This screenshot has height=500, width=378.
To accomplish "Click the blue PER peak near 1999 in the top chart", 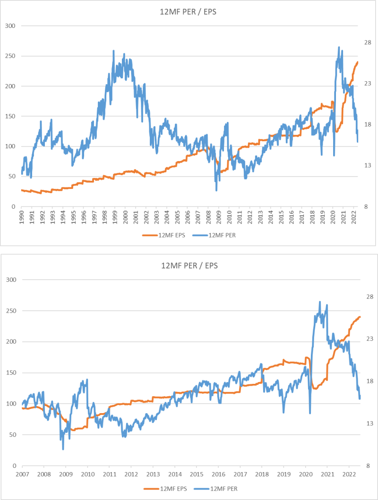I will coord(114,51).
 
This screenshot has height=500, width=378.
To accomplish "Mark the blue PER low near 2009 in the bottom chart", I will coord(63,449).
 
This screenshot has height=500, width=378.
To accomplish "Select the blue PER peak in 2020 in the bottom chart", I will coord(320,302).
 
